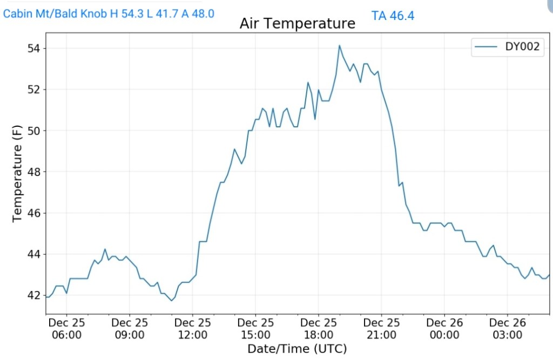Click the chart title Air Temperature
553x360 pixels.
298,24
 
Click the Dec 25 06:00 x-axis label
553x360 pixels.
66,329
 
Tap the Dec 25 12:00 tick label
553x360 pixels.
193,329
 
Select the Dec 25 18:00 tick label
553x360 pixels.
319,329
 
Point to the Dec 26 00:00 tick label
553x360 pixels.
444,329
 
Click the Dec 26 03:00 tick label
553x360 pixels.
508,329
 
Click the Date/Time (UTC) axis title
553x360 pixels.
297,348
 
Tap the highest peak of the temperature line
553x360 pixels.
339,46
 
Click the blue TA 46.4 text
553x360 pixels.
393,16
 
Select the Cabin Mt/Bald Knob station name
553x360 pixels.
55,13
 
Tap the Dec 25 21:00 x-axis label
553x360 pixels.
381,329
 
